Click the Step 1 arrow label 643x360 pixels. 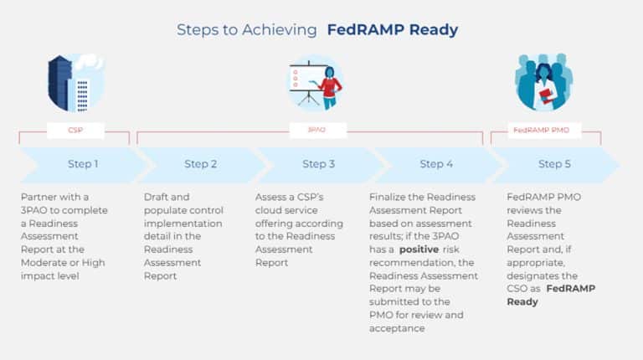(x=82, y=164)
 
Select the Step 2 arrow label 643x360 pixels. (x=201, y=164)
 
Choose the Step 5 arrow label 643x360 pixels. (x=550, y=164)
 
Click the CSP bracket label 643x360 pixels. (x=76, y=131)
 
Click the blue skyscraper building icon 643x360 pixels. (x=61, y=81)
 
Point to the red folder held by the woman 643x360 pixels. (x=547, y=95)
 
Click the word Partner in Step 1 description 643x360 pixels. (x=39, y=198)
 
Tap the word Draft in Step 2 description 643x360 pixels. (x=157, y=198)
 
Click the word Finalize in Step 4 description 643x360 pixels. (x=388, y=198)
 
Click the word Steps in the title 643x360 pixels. (x=194, y=30)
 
